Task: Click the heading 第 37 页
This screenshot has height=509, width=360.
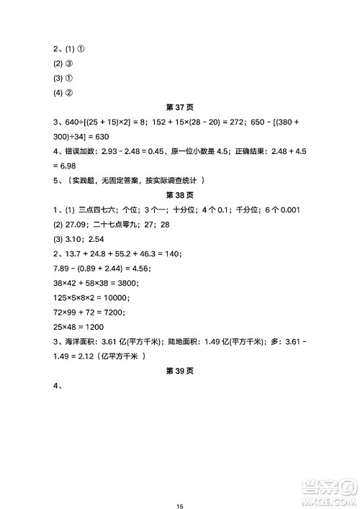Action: tap(180, 108)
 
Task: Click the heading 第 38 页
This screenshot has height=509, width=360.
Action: tap(180, 194)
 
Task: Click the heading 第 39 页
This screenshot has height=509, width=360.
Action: tap(180, 371)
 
